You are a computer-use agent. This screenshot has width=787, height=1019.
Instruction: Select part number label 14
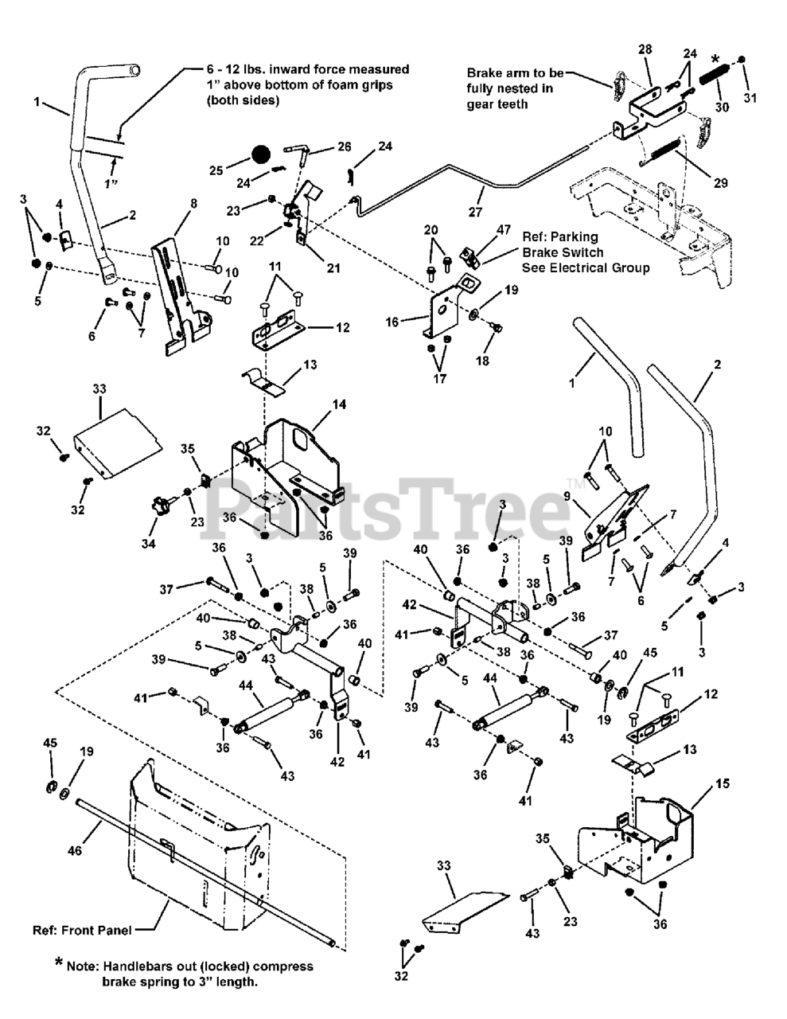340,404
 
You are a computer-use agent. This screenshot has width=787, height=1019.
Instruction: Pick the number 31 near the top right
750,97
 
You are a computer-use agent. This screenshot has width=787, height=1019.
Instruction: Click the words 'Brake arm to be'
509,72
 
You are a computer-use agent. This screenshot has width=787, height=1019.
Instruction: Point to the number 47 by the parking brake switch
504,229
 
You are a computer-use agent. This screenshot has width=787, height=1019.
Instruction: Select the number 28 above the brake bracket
645,49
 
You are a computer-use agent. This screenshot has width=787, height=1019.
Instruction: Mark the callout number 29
721,182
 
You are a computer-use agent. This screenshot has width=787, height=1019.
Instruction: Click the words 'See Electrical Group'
585,267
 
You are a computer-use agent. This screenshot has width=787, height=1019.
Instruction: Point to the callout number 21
333,268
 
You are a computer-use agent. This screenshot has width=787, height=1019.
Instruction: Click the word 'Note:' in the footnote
83,966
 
